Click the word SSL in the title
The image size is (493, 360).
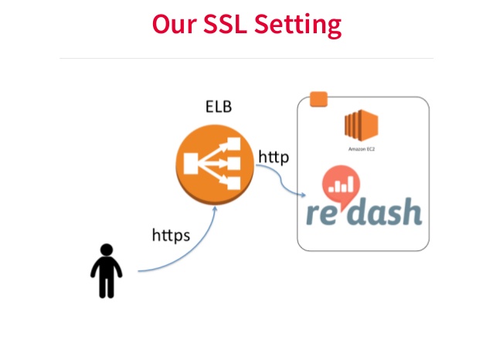pyautogui.click(x=225, y=24)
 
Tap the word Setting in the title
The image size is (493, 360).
pyautogui.click(x=297, y=25)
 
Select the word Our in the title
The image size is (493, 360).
pyautogui.click(x=174, y=24)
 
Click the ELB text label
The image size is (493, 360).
pyautogui.click(x=219, y=107)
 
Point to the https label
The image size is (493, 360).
pyautogui.click(x=171, y=235)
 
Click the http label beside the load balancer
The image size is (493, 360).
pyautogui.click(x=274, y=157)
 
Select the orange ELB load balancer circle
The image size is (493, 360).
pyautogui.click(x=215, y=165)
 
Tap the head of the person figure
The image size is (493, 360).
pyautogui.click(x=107, y=250)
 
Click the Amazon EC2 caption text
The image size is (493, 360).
pyautogui.click(x=362, y=149)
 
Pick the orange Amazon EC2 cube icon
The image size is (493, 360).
pyautogui.click(x=362, y=125)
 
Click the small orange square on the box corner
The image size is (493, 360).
pyautogui.click(x=319, y=100)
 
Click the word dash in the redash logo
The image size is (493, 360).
pyautogui.click(x=386, y=211)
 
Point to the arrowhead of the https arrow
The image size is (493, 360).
pyautogui.click(x=215, y=209)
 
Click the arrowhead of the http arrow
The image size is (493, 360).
pyautogui.click(x=303, y=195)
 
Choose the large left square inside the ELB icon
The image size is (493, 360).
pyautogui.click(x=191, y=164)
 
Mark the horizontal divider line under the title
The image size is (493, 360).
pyautogui.click(x=246, y=58)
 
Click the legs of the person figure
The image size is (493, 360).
pyautogui.click(x=107, y=287)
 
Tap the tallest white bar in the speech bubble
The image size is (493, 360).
pyautogui.click(x=351, y=183)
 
